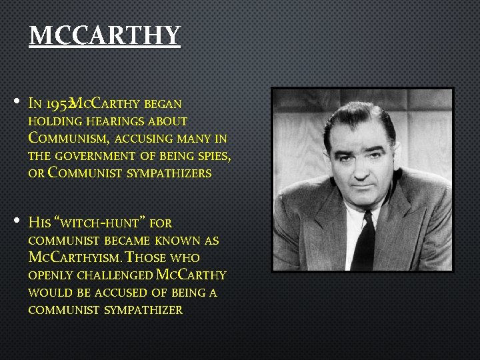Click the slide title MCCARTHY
[105, 35]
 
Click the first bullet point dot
[16, 103]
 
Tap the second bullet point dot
[16, 221]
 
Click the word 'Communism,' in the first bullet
[69, 139]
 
